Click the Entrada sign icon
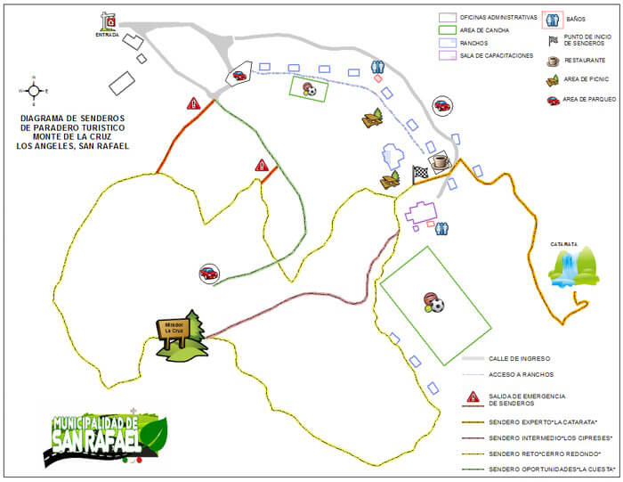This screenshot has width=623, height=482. coord(109,21)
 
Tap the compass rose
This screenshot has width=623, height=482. coord(34,90)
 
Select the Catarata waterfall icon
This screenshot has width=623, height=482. coord(572,268)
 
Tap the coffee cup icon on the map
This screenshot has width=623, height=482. coord(439,160)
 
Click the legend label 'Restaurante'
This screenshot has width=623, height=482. coord(583,61)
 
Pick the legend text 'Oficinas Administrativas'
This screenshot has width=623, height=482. coord(498,17)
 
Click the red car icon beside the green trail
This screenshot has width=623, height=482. coord(208,273)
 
